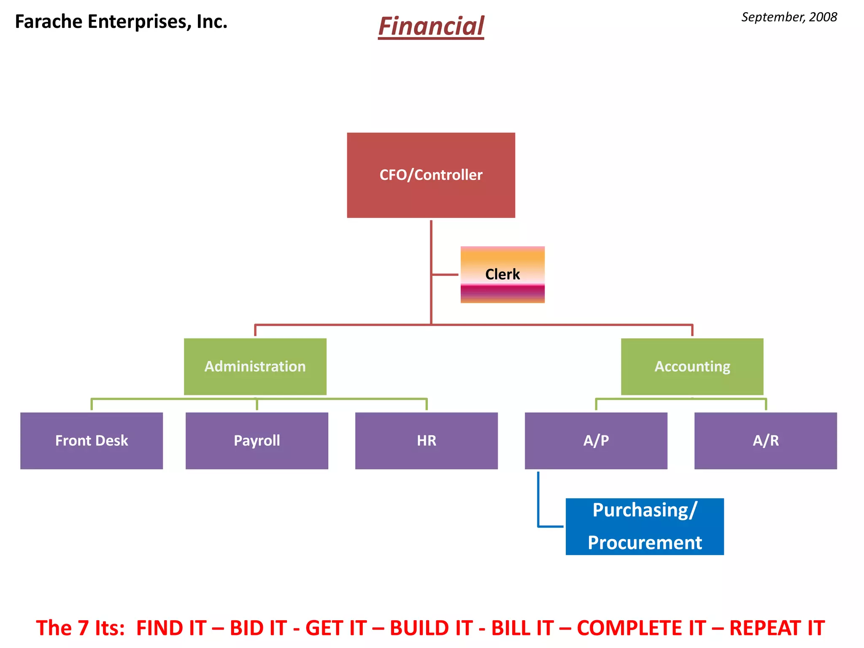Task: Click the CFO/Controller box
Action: tap(431, 175)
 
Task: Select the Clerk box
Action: tap(502, 274)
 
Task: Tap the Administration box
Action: tap(255, 366)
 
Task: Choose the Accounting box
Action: tap(692, 366)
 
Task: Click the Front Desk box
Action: tap(92, 440)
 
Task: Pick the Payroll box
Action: tap(256, 440)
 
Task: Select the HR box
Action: tap(426, 440)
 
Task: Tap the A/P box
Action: tap(596, 440)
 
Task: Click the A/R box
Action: tap(765, 440)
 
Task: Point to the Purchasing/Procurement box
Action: tap(644, 526)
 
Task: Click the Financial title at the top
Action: tap(431, 26)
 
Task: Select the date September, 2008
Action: tap(789, 17)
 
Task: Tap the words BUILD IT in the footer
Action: tap(431, 628)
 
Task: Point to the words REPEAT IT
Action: tap(777, 628)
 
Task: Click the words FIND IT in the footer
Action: tap(171, 628)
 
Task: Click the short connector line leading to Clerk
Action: tap(445, 275)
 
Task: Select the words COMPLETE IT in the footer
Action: tap(641, 628)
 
